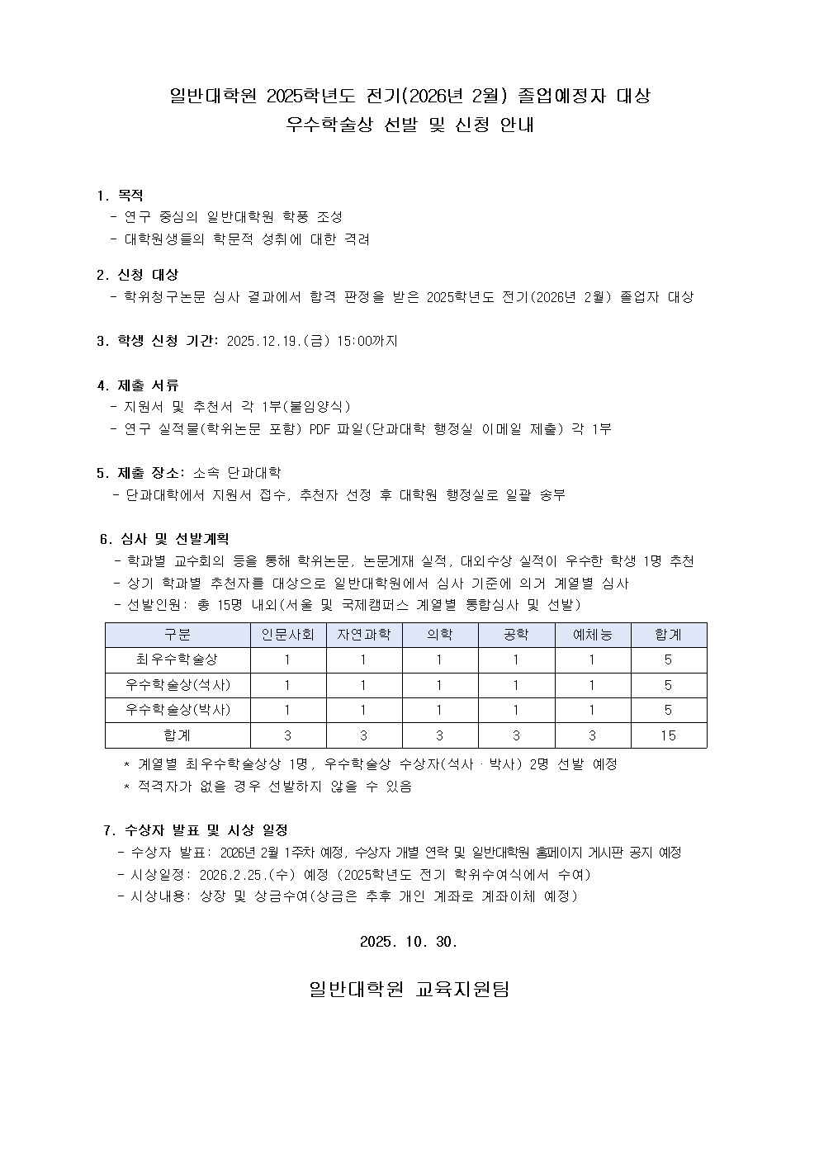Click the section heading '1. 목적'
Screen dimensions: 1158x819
120,196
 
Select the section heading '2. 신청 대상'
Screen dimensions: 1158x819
137,275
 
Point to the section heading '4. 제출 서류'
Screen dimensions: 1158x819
137,385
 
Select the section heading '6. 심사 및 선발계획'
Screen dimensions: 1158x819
163,540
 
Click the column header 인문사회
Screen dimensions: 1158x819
288,635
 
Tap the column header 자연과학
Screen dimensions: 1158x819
363,635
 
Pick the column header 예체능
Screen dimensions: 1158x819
593,635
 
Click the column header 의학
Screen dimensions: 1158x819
439,635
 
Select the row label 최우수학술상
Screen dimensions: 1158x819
178,659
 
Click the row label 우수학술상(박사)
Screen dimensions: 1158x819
178,710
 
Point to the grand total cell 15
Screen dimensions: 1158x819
668,735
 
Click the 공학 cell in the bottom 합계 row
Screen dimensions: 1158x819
516,735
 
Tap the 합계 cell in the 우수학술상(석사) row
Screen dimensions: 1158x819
668,685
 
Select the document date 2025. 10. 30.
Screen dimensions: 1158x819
409,942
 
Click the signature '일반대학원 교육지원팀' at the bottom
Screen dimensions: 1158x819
409,989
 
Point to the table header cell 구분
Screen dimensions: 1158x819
178,635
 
